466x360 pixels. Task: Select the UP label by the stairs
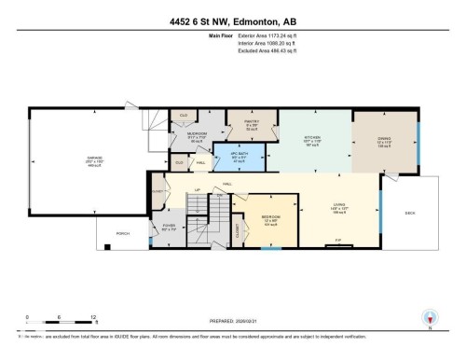(x=197, y=190)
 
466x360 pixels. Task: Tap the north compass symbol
(x=430, y=319)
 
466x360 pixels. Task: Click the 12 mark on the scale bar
(x=91, y=318)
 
